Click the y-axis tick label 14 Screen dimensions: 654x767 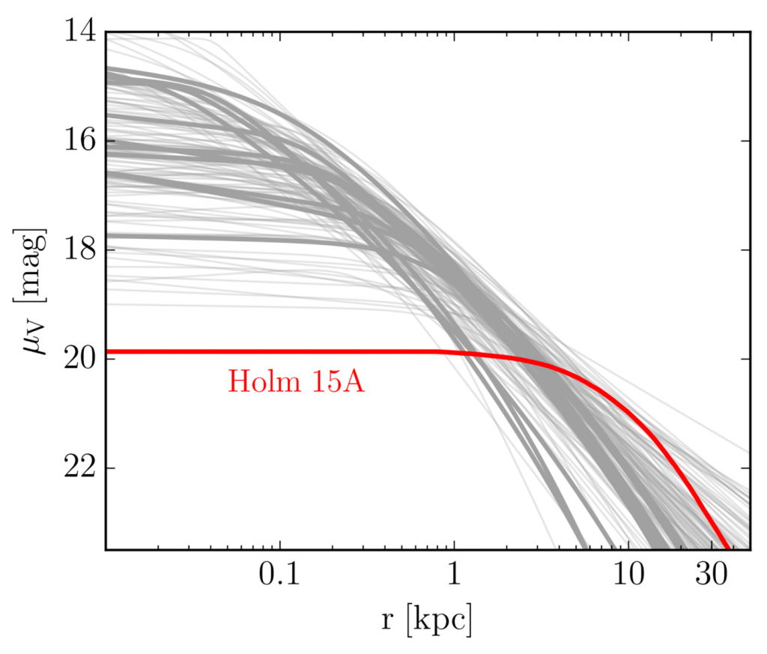tap(79, 32)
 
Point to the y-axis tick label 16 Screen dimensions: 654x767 tap(79, 141)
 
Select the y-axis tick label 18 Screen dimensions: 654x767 tap(79, 249)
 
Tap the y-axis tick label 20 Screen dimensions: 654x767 tap(79, 358)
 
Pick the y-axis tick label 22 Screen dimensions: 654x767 tap(79, 467)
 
